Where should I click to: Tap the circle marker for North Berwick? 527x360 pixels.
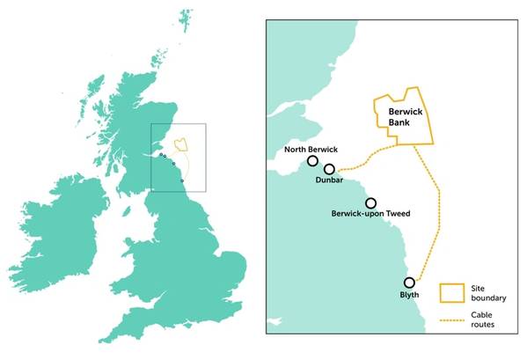tap(312, 162)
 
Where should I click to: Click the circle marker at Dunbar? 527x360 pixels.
tap(329, 169)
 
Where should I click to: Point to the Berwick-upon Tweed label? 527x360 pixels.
tap(370, 214)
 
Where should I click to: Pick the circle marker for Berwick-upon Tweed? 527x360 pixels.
tap(370, 202)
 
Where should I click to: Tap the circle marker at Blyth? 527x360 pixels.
tap(409, 283)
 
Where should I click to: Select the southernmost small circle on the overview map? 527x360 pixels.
tap(182, 180)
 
